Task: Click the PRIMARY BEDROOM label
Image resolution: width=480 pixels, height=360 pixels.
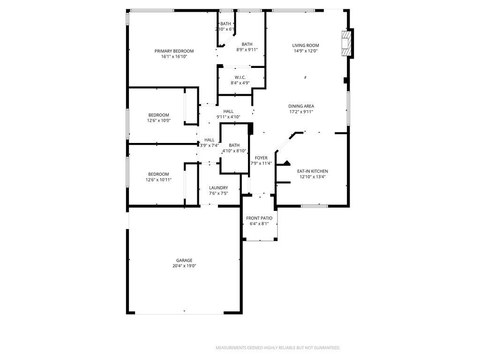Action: coord(174,51)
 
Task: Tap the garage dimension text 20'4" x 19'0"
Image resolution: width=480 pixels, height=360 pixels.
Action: coord(184,266)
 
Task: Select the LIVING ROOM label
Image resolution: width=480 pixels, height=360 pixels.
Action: coord(306,45)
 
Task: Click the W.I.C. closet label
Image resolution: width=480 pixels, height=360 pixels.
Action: coord(240,77)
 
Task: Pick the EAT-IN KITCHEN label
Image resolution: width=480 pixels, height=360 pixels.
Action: coord(313,171)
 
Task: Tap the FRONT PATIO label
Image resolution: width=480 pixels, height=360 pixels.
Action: coord(259,218)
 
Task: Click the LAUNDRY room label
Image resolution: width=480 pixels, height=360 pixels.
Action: coord(218,187)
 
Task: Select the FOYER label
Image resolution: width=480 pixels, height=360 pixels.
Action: coord(261,158)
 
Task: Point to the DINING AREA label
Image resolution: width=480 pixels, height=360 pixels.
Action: coord(301,106)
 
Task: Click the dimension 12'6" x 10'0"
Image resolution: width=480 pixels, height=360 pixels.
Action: coord(159,120)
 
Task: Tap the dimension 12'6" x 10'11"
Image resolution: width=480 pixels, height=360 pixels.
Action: coord(159,180)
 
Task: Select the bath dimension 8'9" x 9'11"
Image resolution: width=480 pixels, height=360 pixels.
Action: coord(247,50)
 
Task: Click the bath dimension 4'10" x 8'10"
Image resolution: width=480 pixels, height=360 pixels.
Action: coord(234,151)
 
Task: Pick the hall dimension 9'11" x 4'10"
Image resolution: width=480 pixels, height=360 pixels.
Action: coord(228,117)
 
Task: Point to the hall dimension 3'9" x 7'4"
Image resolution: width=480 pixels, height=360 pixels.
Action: coord(210,145)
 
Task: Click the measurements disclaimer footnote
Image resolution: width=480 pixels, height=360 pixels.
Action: coord(277,348)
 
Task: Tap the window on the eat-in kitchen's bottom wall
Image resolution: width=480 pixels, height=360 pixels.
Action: coord(314,205)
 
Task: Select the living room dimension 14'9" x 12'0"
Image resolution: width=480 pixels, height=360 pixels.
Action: coord(306,51)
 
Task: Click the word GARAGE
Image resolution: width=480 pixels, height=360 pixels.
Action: coord(184,260)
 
